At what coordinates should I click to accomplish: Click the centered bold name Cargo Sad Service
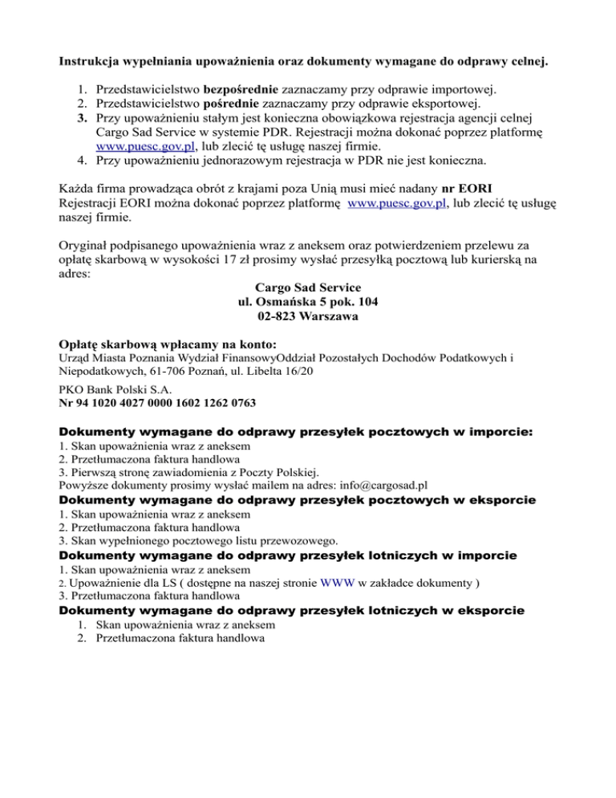pyautogui.click(x=307, y=287)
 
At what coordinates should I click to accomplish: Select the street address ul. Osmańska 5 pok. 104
pyautogui.click(x=307, y=302)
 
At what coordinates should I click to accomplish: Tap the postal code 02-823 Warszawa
pyautogui.click(x=307, y=316)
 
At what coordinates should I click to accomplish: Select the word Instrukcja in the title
pyautogui.click(x=92, y=59)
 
